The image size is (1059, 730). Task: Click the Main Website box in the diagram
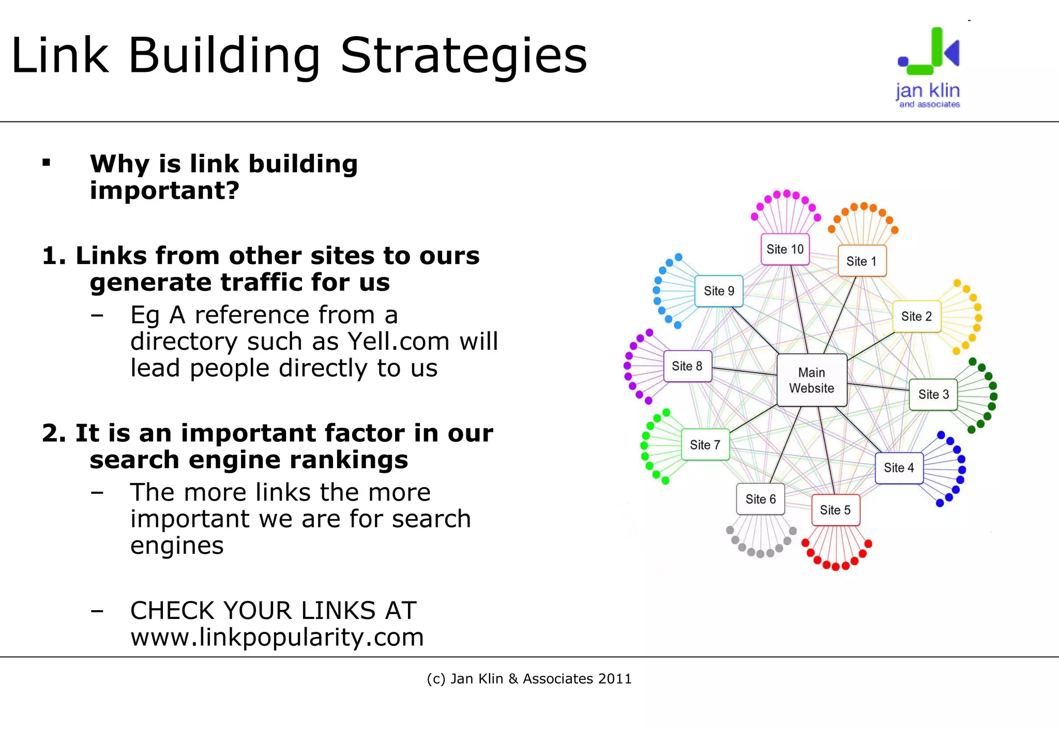(812, 380)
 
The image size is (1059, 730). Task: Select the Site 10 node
(785, 250)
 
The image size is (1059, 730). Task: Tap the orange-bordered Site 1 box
(861, 261)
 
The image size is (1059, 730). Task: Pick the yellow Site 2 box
(917, 316)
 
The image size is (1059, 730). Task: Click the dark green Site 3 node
(933, 395)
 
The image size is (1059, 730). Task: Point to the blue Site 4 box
(899, 468)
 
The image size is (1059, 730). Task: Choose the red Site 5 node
(835, 510)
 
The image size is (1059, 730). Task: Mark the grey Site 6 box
(761, 499)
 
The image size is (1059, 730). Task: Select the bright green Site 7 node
(705, 445)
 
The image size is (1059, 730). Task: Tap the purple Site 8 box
(687, 366)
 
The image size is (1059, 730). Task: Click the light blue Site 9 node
(719, 291)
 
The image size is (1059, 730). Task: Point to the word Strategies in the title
(464, 56)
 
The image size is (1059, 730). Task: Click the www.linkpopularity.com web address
(277, 637)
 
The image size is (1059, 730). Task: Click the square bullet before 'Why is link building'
(47, 163)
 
